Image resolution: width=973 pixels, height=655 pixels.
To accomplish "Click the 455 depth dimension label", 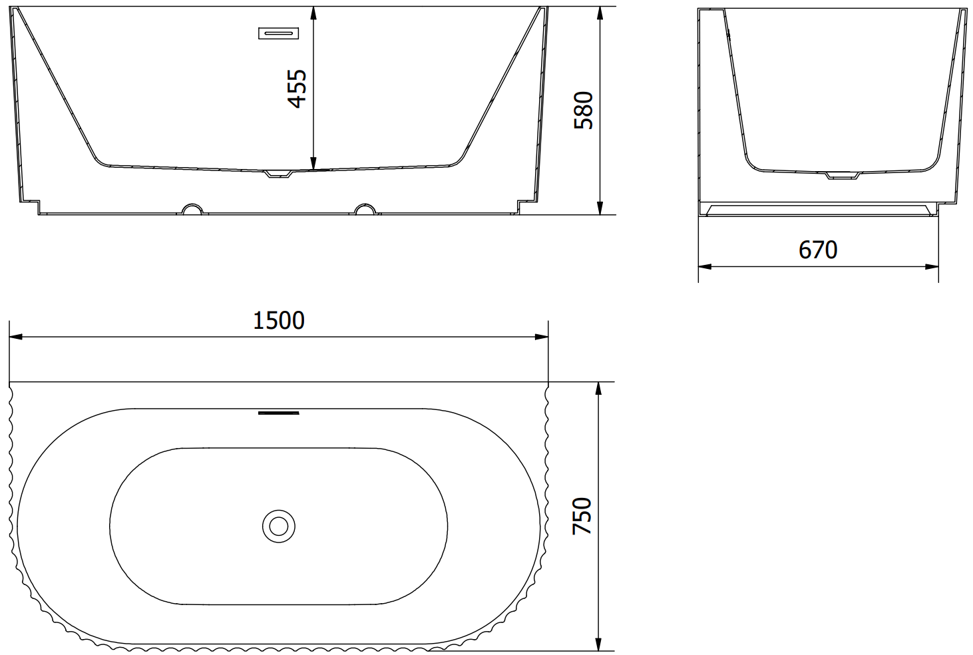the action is pos(297,89).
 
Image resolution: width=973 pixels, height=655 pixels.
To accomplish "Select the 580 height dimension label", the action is pos(584,110).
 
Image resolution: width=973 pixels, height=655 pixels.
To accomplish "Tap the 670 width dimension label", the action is pos(818,250).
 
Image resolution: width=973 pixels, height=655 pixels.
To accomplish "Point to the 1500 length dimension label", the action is pos(279,321).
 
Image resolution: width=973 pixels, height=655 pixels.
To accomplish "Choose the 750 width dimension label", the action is pos(582,516).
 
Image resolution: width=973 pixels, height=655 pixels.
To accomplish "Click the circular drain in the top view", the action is pos(279,527).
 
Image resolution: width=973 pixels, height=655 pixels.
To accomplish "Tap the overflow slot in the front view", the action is pos(278,33).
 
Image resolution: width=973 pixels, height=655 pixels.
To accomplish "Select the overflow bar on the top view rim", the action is pos(278,413).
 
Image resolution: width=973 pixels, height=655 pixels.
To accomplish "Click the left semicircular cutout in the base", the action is pos(192,209).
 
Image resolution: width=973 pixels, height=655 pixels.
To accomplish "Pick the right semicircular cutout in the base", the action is pos(365,209).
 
